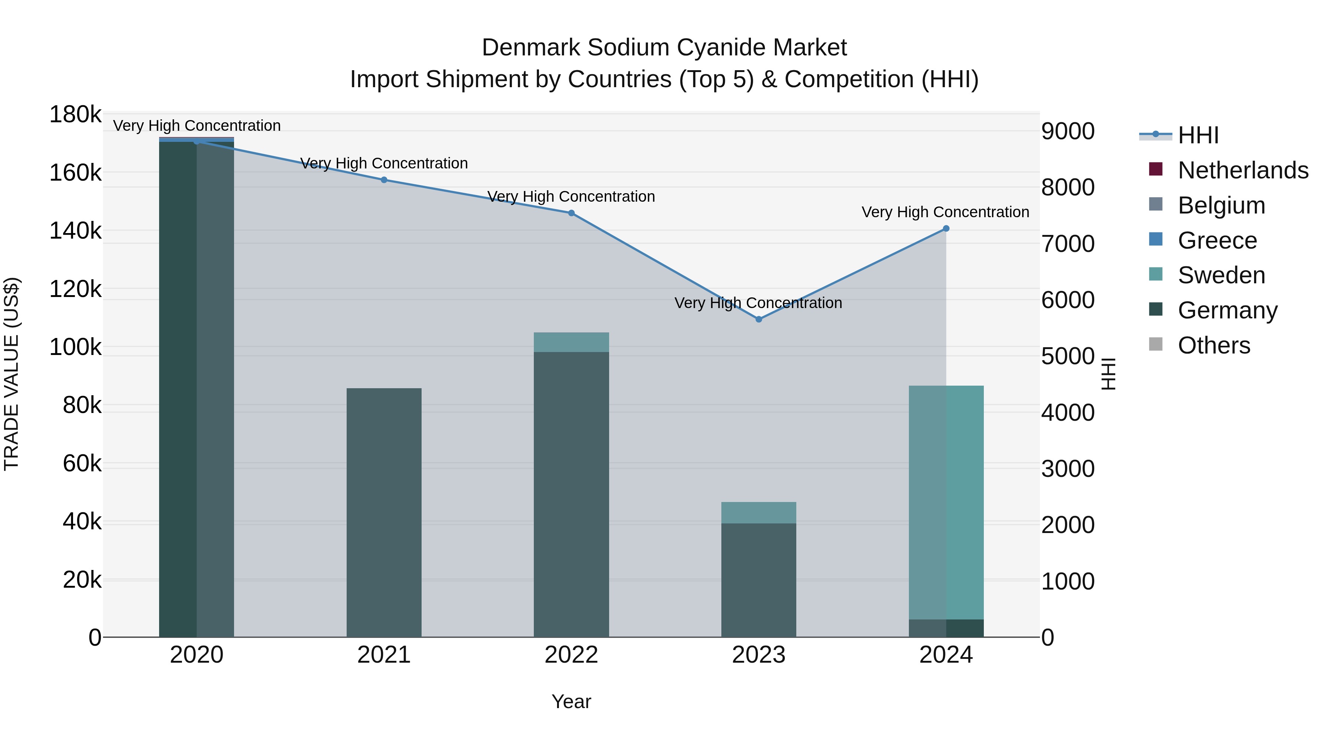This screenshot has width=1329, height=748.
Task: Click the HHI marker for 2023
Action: [758, 319]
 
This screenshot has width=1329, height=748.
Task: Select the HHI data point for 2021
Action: [384, 180]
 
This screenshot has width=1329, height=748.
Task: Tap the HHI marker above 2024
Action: [946, 228]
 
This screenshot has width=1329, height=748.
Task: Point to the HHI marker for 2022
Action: [571, 213]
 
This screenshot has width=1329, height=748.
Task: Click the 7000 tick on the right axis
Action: [1067, 244]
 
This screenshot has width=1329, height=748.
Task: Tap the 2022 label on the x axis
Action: [571, 655]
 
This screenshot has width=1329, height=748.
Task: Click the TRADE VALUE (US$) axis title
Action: [11, 374]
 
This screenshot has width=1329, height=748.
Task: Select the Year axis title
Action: [571, 701]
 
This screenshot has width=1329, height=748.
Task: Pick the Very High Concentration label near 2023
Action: [758, 303]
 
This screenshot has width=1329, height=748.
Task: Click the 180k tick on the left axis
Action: [75, 114]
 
